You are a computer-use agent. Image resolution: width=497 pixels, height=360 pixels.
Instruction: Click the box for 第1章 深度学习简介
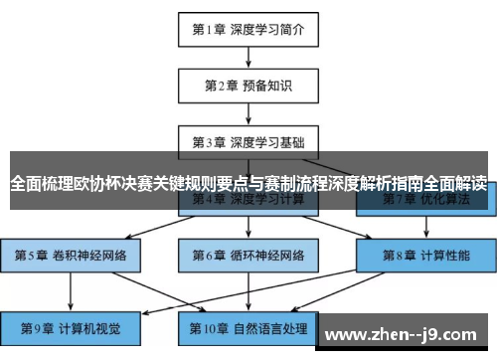tap(248, 30)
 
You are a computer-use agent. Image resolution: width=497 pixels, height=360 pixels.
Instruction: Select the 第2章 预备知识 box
tap(248, 86)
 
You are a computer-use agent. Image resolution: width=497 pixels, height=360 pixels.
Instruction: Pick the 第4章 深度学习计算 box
tap(248, 200)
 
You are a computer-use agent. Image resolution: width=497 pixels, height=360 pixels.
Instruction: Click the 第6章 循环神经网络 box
tap(248, 255)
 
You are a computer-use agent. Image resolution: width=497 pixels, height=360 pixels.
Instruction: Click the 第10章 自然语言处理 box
tap(248, 326)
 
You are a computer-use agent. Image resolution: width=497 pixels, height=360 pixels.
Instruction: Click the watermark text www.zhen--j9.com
tap(407, 332)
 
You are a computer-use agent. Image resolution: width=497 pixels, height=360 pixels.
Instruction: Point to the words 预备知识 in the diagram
tap(269, 86)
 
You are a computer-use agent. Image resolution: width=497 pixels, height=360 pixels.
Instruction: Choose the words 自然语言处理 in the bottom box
tap(269, 326)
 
